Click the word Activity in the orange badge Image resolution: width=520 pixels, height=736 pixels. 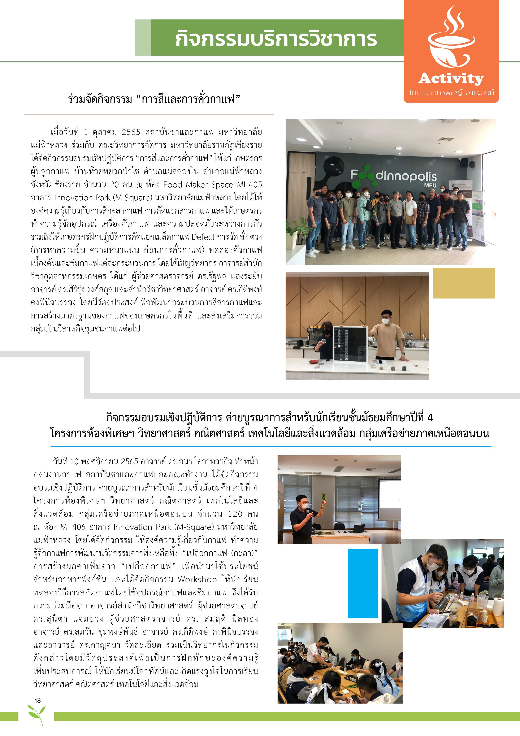tap(451, 78)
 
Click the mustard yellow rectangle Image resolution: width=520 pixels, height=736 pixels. tap(464, 283)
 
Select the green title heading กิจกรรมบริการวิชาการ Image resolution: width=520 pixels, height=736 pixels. tap(276, 38)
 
